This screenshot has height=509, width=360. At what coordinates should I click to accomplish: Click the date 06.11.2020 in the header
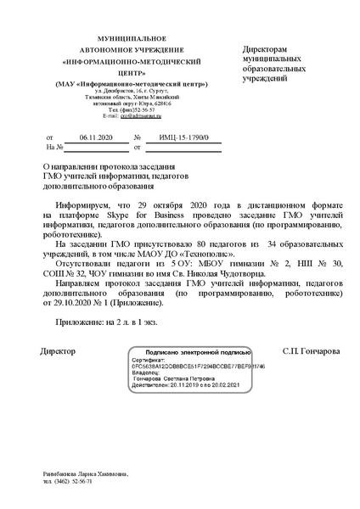[95, 137]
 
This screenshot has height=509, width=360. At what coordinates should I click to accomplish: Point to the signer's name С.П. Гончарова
[310, 327]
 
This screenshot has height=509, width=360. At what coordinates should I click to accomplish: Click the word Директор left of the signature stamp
[58, 327]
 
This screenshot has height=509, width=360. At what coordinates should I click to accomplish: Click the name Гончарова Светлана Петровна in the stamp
[179, 355]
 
